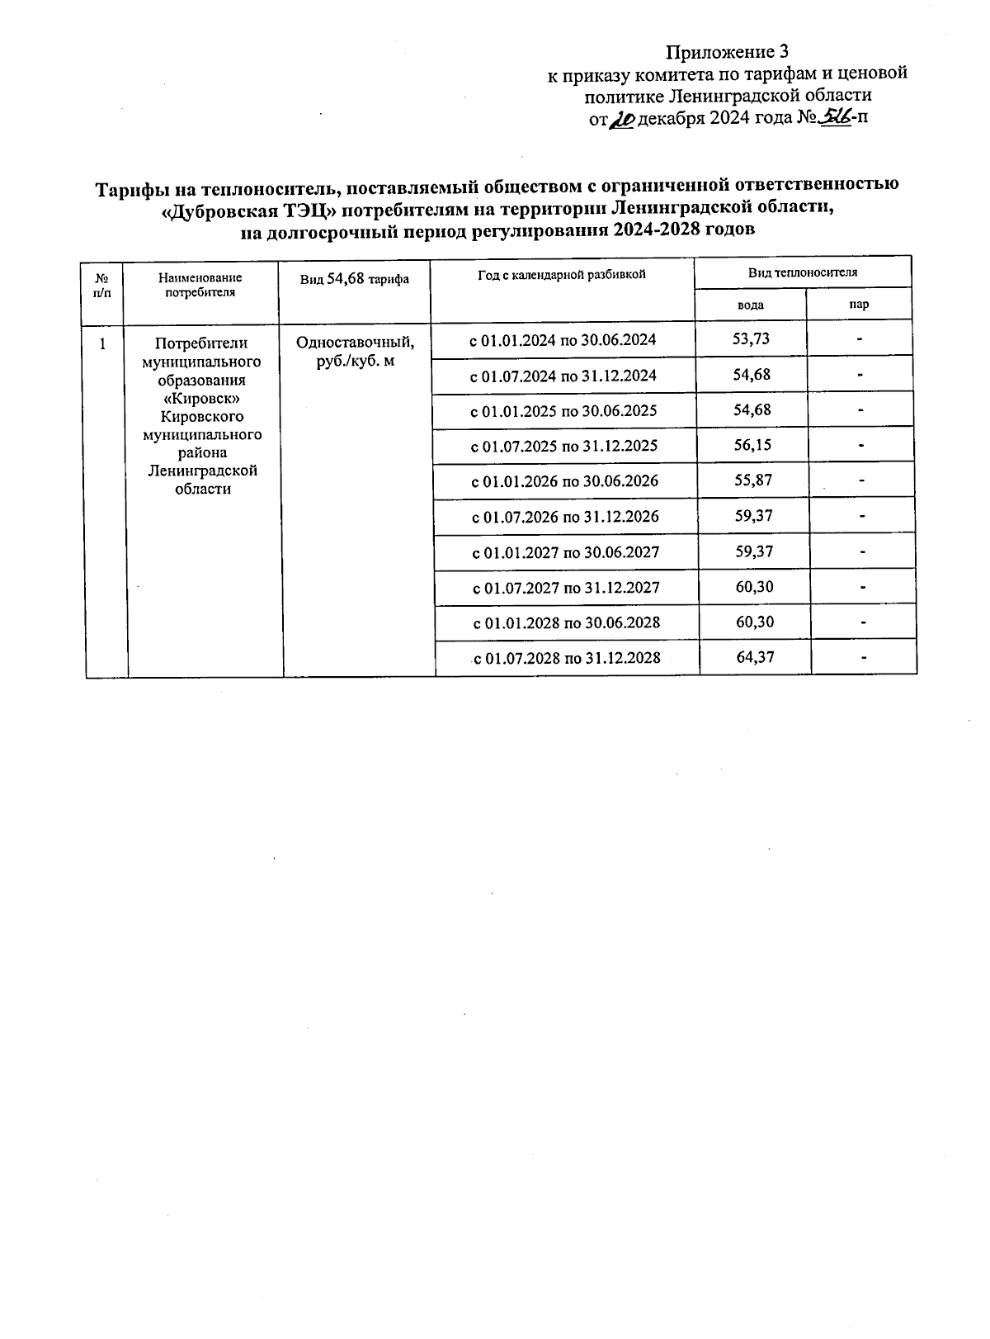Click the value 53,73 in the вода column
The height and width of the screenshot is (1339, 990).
[751, 339]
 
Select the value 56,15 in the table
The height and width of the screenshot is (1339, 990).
[752, 445]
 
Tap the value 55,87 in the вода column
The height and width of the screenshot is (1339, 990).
[752, 480]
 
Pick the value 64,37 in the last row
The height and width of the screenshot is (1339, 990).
[755, 657]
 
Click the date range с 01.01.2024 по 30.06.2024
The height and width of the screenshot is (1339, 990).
[563, 340]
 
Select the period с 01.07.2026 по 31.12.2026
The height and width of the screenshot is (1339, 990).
[565, 517]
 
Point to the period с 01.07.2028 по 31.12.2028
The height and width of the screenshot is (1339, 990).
[566, 658]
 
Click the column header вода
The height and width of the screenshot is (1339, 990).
[750, 305]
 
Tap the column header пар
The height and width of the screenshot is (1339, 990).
[858, 305]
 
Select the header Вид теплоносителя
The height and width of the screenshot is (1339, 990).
[802, 272]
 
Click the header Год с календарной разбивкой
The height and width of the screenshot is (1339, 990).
[561, 274]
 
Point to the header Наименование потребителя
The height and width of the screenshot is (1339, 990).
[200, 285]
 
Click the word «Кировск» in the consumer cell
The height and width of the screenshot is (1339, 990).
[202, 399]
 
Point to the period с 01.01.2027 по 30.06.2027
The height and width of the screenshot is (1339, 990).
[565, 551]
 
